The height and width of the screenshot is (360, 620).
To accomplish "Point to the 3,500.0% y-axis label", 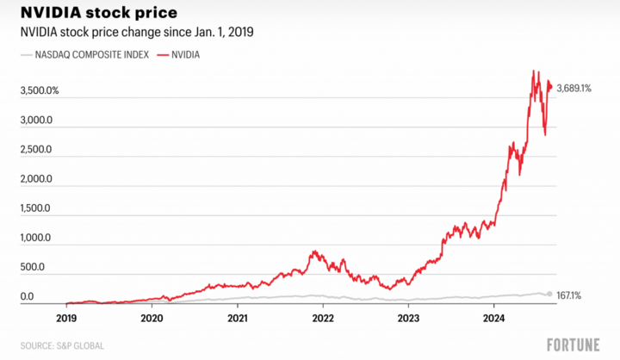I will pos(40,90).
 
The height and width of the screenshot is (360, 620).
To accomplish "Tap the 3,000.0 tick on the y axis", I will pos(37,120).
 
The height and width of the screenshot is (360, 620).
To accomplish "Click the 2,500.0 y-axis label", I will pos(37,149).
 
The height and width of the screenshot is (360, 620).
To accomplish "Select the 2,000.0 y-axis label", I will pos(37,179).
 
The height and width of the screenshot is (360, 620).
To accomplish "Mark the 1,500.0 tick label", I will pos(36,208).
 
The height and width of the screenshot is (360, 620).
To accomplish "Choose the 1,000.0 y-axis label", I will pos(36,238).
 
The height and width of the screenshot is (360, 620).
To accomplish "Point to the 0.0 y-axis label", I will pos(27,297).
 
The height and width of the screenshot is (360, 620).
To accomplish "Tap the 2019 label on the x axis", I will pos(66,316).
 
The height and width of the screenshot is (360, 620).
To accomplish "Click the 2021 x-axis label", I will pos(237,316).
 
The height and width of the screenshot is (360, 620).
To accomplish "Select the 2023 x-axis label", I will pos(408,316).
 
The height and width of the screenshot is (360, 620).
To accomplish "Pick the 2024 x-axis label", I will pos(493,316).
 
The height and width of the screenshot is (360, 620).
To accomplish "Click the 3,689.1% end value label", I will pos(573,88).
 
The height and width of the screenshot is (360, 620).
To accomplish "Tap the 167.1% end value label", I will pos(569,295).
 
